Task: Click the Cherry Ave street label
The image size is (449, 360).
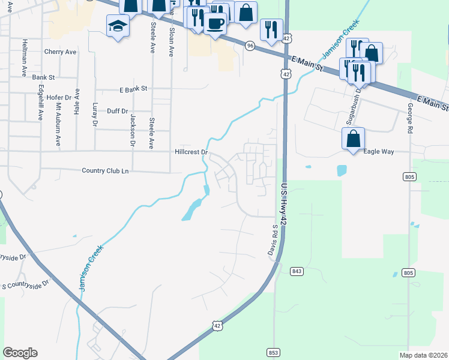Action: [x=60, y=52]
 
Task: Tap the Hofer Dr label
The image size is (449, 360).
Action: [x=59, y=97]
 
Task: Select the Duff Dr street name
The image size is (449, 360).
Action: [x=117, y=111]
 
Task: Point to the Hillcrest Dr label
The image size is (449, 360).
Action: [x=191, y=152]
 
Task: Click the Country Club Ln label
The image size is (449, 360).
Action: [x=105, y=171]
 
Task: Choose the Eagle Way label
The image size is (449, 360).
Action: [x=379, y=152]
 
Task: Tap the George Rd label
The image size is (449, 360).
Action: [x=410, y=119]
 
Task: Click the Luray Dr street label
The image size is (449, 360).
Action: [x=95, y=114]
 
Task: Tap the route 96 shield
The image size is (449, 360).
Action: [x=249, y=46]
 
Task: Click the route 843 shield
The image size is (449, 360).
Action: [x=297, y=271]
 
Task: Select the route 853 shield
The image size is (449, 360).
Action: [x=272, y=352]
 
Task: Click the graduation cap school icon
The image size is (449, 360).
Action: [x=117, y=26]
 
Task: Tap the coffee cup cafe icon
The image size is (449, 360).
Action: [x=215, y=23]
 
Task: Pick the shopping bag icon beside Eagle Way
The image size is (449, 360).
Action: [x=353, y=138]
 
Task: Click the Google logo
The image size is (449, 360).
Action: [x=20, y=353]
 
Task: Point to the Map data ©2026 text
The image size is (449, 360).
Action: [x=423, y=355]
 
